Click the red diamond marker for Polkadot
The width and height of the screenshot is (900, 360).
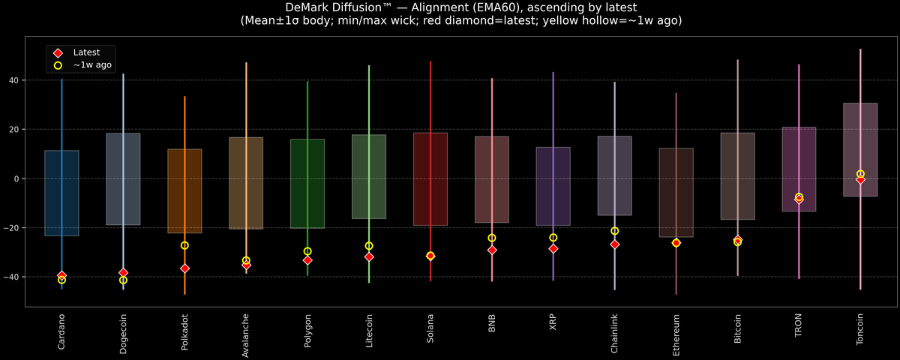click(184, 268)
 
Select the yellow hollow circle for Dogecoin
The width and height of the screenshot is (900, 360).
click(123, 280)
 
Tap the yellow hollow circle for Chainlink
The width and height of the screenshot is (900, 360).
click(615, 231)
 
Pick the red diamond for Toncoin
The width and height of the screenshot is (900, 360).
click(860, 179)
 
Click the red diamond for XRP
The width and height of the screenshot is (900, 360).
click(553, 248)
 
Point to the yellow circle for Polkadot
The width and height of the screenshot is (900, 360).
click(184, 245)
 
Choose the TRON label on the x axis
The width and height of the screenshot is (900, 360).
click(799, 327)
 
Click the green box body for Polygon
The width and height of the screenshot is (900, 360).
click(307, 183)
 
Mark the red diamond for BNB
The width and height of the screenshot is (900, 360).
click(492, 250)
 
